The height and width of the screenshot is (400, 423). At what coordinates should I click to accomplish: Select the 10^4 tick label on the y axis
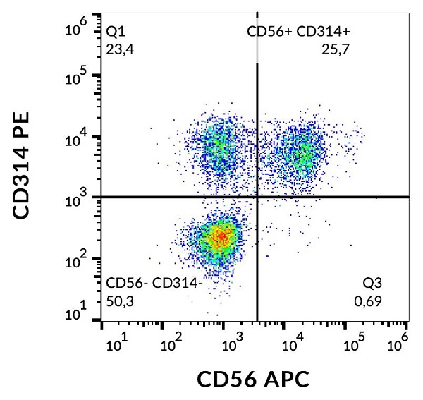75,138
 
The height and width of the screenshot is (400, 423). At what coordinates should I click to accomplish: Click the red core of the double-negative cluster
221,236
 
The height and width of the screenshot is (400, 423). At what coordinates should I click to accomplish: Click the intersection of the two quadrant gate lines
257,197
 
